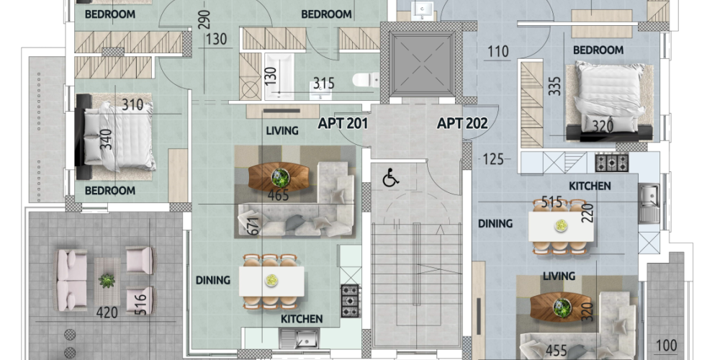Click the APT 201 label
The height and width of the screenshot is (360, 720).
(343, 123)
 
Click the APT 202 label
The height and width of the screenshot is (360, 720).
(462, 123)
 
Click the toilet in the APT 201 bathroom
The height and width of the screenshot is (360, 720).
(366, 81)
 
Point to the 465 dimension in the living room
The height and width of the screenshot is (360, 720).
(278, 195)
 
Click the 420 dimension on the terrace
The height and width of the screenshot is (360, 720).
(107, 312)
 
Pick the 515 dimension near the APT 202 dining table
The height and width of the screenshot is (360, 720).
(552, 202)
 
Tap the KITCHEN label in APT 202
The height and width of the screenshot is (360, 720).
(590, 186)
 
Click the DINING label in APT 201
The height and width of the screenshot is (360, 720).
(213, 280)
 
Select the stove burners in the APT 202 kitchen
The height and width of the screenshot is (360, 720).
(612, 163)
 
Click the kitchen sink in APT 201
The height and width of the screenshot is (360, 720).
(300, 339)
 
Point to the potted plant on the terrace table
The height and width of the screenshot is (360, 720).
(107, 280)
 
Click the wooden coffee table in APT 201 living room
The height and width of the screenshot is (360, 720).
(279, 177)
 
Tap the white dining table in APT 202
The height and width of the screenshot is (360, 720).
(561, 226)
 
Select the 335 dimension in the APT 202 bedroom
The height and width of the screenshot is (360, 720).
(554, 86)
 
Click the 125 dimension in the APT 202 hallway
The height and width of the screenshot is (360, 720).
(493, 159)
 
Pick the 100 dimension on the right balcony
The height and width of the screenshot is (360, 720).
(666, 346)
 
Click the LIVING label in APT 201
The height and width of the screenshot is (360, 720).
(282, 131)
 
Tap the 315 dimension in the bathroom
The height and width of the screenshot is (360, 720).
(324, 83)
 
